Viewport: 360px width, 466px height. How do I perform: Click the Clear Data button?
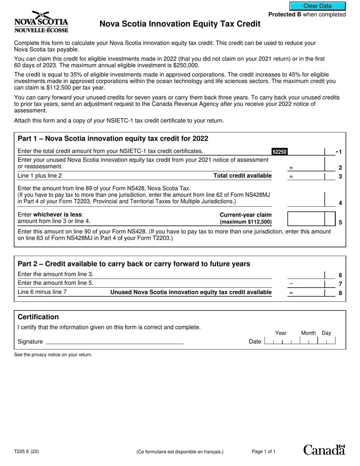point(318,6)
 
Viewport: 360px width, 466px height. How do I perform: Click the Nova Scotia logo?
point(41,22)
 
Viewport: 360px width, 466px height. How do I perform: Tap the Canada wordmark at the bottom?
point(324,450)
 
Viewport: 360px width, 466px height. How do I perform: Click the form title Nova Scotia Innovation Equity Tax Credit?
point(180,24)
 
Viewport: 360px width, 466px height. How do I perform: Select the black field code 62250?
point(279,152)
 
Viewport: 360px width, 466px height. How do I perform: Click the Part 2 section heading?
point(134,264)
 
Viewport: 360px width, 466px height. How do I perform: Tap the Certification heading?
point(38,317)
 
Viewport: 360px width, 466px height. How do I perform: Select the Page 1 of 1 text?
point(264,452)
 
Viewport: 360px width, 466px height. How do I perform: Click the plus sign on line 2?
point(291,168)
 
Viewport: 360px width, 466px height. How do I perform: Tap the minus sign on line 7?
point(291,283)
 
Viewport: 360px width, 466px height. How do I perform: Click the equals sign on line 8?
point(291,292)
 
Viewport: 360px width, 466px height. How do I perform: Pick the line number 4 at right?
point(340,203)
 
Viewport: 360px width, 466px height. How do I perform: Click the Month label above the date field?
point(308,333)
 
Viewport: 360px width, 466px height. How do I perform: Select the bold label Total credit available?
point(243,176)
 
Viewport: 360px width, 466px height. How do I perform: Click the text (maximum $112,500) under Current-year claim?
point(246,222)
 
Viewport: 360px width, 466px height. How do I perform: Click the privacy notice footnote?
point(53,355)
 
